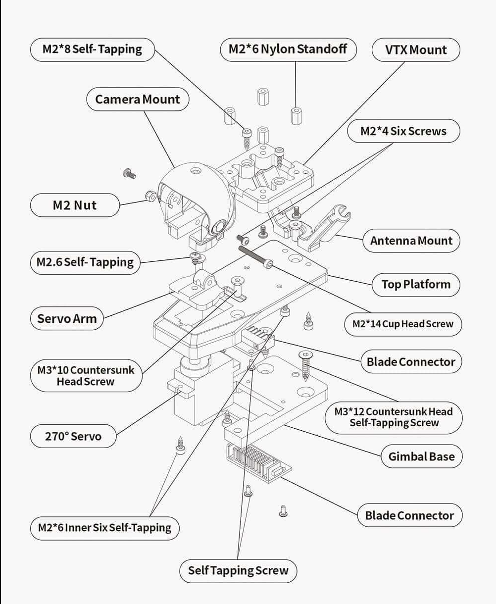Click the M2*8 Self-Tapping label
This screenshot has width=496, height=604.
pyautogui.click(x=92, y=50)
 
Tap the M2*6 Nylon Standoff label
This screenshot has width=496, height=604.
pyautogui.click(x=288, y=50)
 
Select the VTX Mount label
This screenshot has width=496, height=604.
pyautogui.click(x=415, y=50)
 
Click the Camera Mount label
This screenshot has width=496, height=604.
pyautogui.click(x=137, y=100)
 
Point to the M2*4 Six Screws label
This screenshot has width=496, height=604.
pyautogui.click(x=403, y=131)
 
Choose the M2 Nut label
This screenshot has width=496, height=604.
pyautogui.click(x=74, y=205)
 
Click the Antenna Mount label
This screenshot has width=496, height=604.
pyautogui.click(x=411, y=241)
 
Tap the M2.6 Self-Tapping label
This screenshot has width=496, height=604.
pyautogui.click(x=85, y=262)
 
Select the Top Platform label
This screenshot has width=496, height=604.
pyautogui.click(x=415, y=285)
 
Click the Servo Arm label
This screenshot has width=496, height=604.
pyautogui.click(x=67, y=318)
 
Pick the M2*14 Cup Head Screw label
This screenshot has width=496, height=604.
pyautogui.click(x=402, y=324)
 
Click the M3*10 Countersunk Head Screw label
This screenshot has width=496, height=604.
pyautogui.click(x=86, y=376)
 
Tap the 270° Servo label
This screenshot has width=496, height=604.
pyautogui.click(x=73, y=437)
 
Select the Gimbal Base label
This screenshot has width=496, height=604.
pyautogui.click(x=421, y=456)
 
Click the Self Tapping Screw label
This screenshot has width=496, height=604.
pyautogui.click(x=238, y=570)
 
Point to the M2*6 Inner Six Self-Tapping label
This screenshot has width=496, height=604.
pyautogui.click(x=104, y=528)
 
